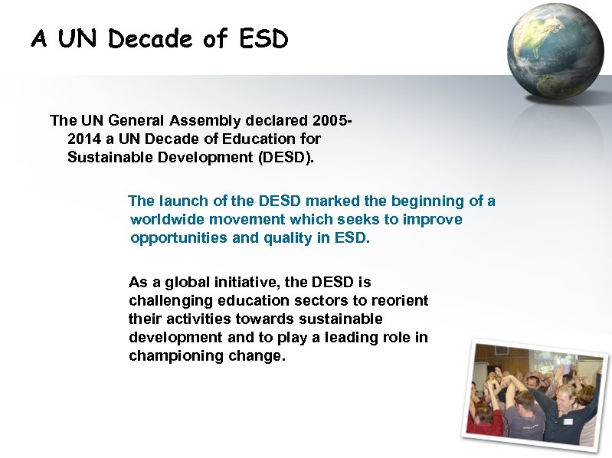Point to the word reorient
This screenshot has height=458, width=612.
399,300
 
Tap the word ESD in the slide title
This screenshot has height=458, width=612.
263,38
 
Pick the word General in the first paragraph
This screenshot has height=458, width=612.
139,120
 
